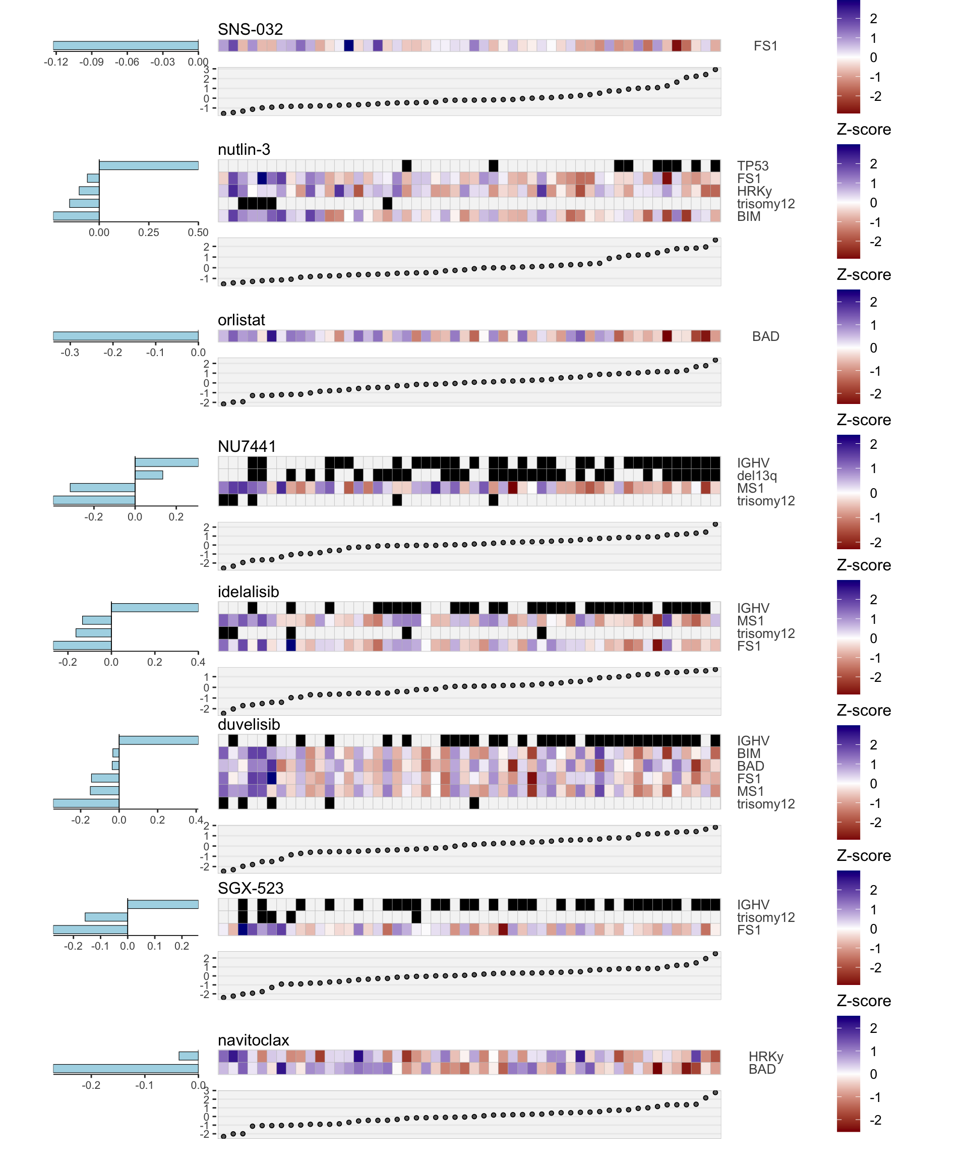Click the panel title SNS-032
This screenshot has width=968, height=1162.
pos(250,29)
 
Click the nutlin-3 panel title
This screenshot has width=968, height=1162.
pos(244,149)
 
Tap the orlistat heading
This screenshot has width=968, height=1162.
pos(241,320)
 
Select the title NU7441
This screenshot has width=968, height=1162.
pos(247,446)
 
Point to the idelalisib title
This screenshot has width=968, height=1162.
pos(249,592)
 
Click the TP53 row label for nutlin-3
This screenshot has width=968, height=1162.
pos(752,166)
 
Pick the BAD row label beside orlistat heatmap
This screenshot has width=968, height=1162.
pos(765,336)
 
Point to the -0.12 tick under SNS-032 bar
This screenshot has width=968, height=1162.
pos(56,62)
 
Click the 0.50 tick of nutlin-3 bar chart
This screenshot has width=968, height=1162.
pos(198,233)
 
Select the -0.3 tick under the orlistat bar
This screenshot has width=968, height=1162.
pos(70,353)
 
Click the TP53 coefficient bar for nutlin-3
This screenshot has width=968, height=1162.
pos(148,165)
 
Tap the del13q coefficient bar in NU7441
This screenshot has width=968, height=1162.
pos(149,475)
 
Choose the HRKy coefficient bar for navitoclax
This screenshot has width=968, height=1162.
pos(188,1056)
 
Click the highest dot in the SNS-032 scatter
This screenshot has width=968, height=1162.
pos(715,70)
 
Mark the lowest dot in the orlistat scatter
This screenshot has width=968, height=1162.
pos(223,404)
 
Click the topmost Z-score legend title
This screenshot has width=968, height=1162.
pos(864,130)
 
